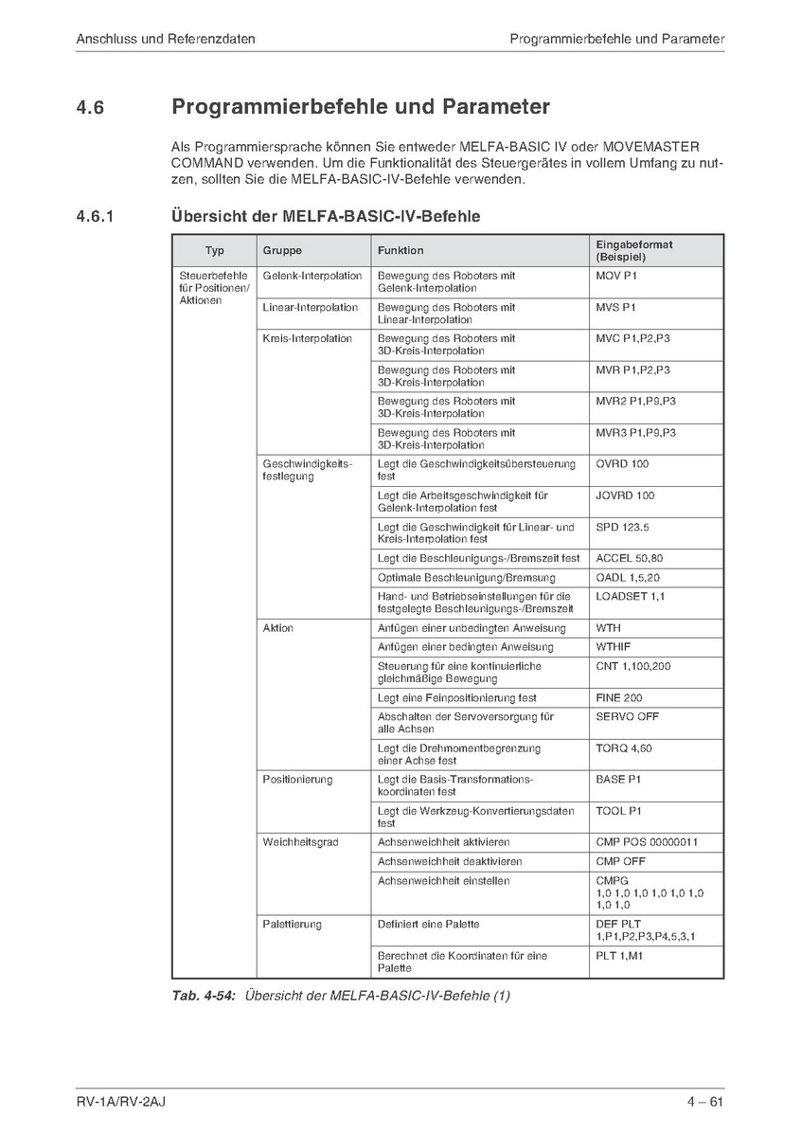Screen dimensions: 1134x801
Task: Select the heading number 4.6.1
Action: coord(96,217)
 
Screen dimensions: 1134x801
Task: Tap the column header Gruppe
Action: coord(282,251)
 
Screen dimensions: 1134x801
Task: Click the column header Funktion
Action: coord(400,251)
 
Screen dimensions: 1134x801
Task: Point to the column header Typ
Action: coord(214,251)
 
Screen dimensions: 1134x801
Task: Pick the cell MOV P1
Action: coord(615,276)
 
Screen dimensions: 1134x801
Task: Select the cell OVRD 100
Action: coord(622,464)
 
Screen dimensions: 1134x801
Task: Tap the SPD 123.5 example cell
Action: coord(622,527)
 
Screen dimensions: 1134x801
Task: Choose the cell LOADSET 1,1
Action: coord(630,597)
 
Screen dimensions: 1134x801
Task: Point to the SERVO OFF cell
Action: coord(627,717)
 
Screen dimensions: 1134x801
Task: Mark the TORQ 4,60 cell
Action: coord(623,748)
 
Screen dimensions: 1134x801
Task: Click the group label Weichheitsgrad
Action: coord(300,842)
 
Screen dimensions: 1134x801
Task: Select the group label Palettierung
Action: coord(292,924)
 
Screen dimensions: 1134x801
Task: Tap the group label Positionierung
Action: coord(297,780)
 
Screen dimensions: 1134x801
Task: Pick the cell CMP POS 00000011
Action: coord(647,842)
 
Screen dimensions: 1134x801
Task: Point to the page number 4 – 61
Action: coord(705,1102)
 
